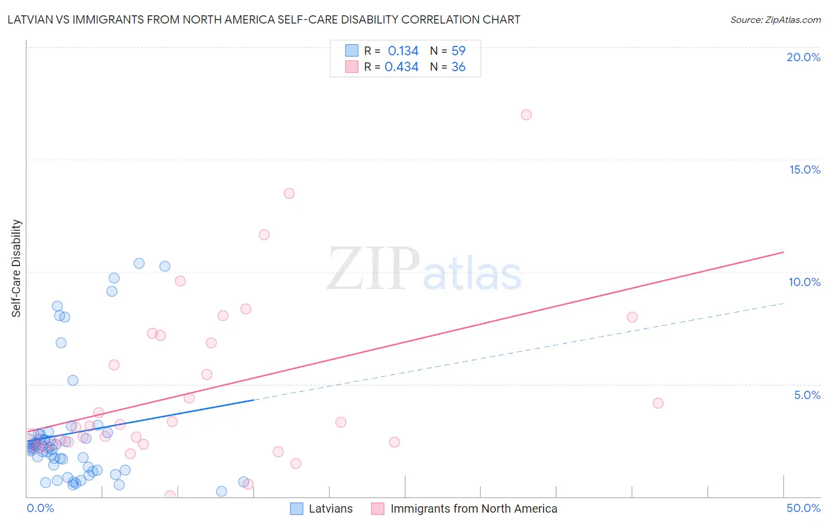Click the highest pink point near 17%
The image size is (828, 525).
click(x=526, y=115)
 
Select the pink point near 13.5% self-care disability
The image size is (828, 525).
click(x=289, y=194)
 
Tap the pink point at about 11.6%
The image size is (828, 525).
click(x=264, y=235)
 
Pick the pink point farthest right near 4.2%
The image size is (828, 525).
click(x=658, y=403)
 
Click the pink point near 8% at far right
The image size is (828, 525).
click(x=632, y=317)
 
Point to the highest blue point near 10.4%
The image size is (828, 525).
click(x=139, y=264)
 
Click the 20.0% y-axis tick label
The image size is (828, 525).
click(x=803, y=57)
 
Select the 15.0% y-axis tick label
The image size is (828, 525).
click(x=804, y=170)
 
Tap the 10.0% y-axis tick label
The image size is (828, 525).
click(x=804, y=282)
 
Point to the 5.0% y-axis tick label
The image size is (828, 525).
click(x=807, y=395)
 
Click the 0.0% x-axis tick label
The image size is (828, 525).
click(x=41, y=508)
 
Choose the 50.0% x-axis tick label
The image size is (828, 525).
click(x=803, y=508)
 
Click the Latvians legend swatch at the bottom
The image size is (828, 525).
click(x=297, y=509)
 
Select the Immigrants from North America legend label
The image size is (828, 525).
click(x=473, y=509)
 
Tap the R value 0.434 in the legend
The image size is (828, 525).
click(x=401, y=67)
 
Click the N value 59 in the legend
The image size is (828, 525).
click(x=458, y=51)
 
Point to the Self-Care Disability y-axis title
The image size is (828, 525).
click(x=16, y=268)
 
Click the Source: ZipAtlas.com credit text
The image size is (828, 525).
click(x=775, y=20)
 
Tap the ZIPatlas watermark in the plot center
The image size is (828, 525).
click(x=424, y=270)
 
